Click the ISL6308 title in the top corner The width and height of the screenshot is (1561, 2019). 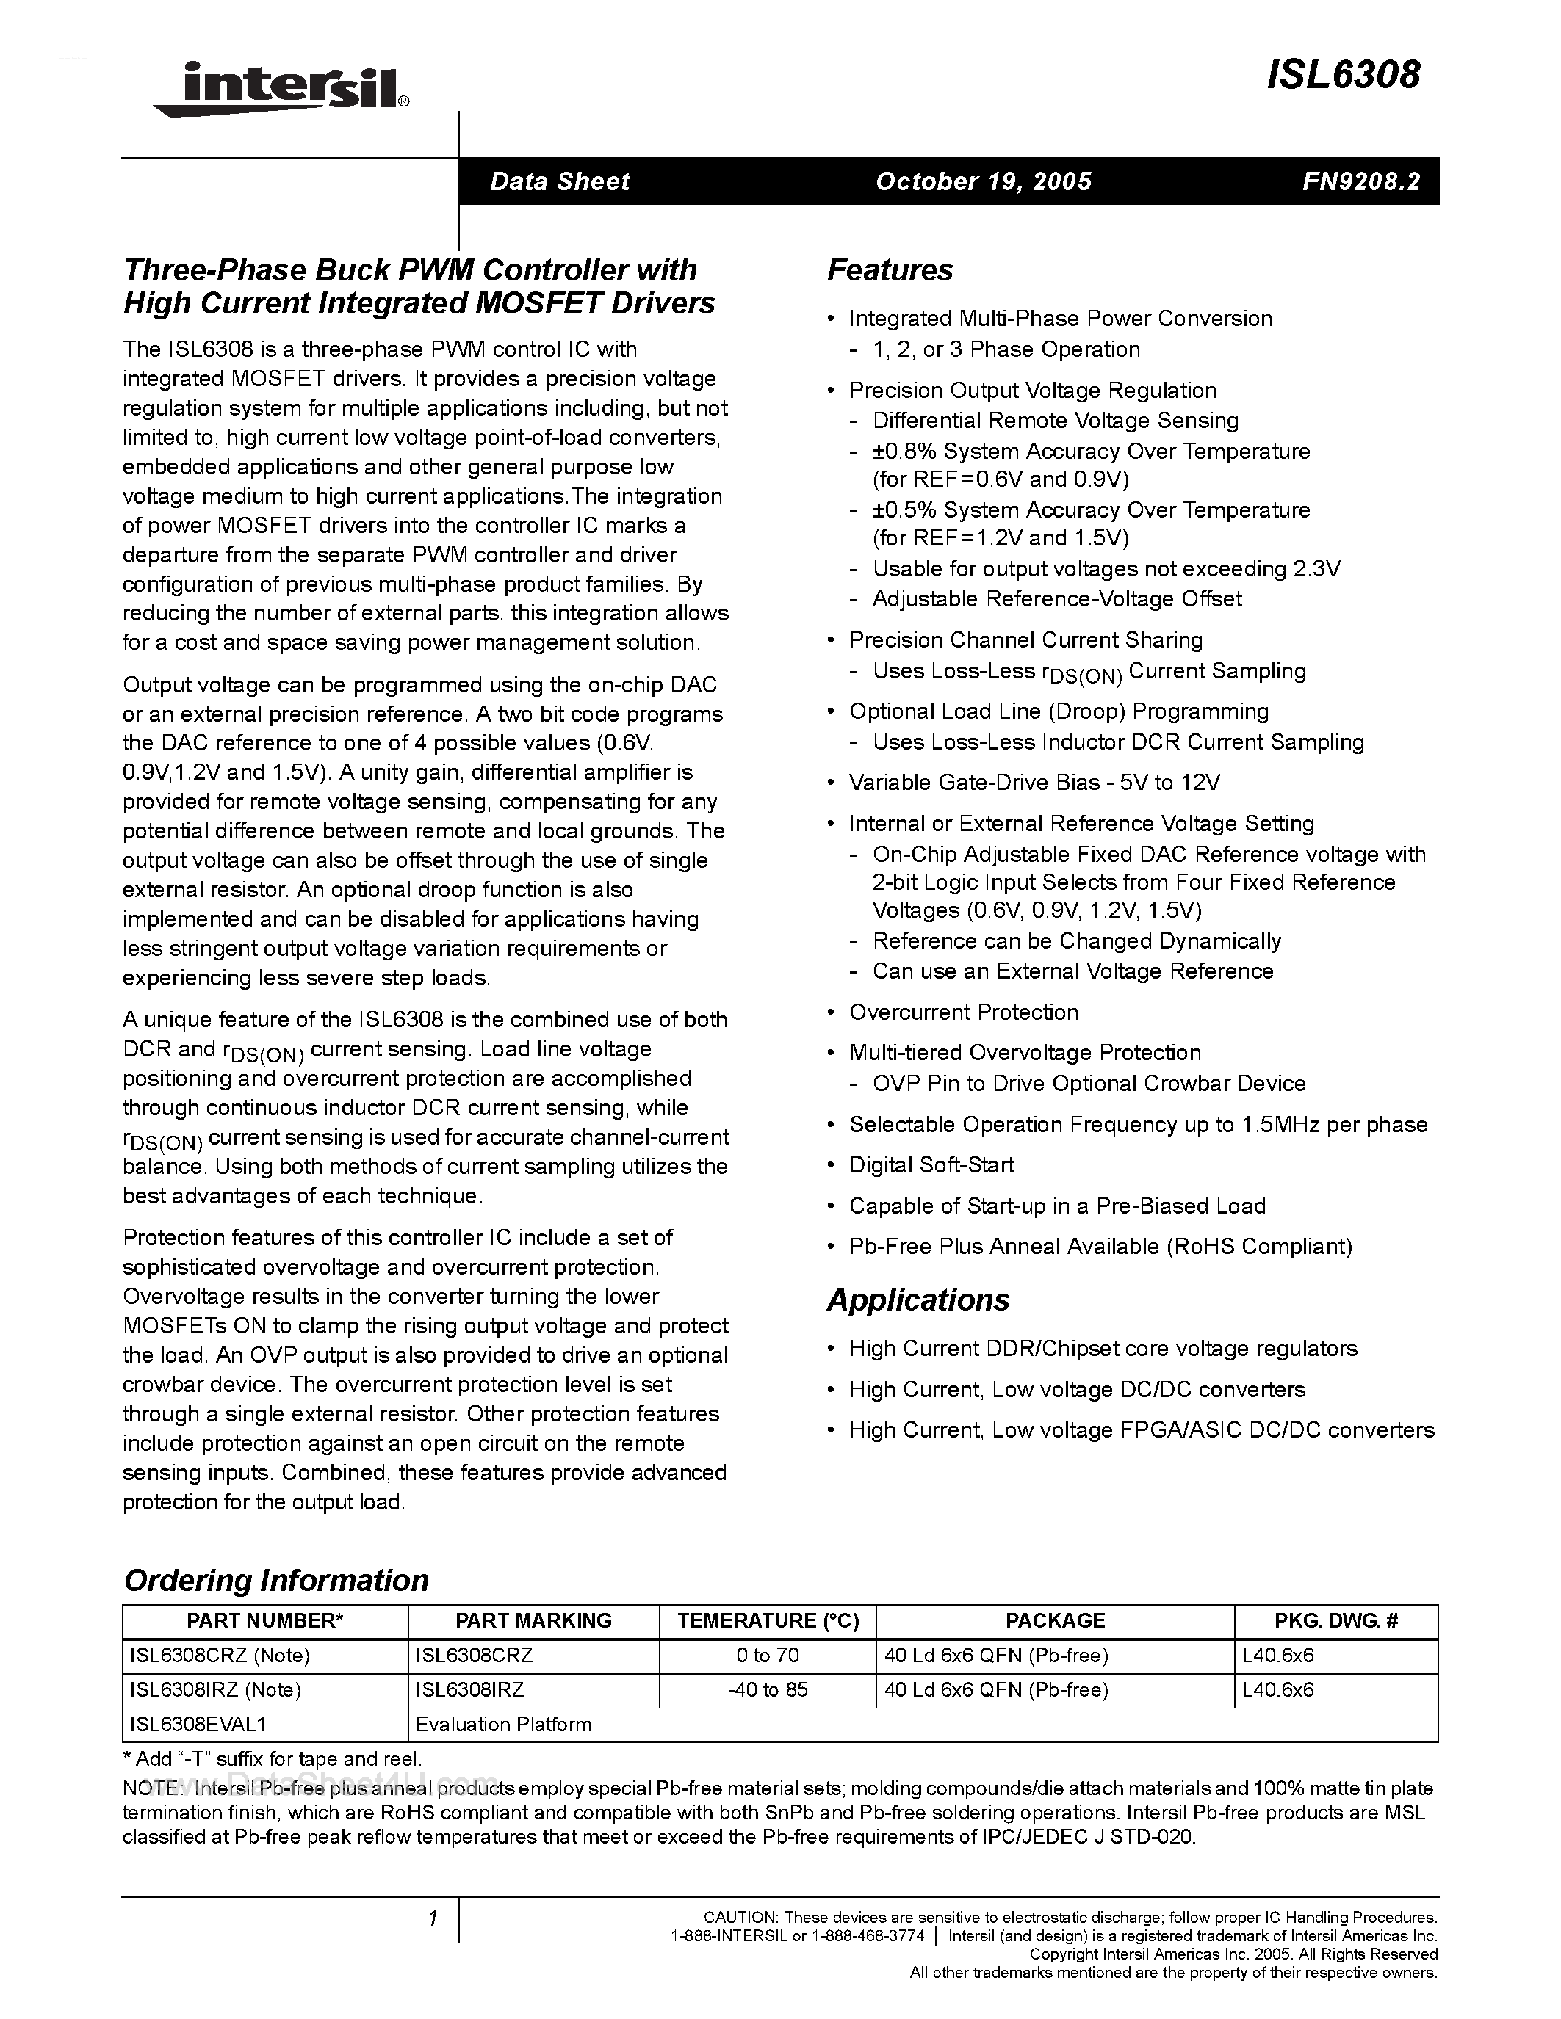tap(1343, 76)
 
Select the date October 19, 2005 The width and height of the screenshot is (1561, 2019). tap(983, 181)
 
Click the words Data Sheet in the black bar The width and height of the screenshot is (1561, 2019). tap(560, 181)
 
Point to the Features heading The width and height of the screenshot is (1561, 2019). tap(890, 270)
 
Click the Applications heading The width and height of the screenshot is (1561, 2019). tap(918, 1300)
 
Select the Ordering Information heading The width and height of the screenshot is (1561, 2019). tap(275, 1580)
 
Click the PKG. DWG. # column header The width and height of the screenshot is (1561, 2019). tap(1335, 1620)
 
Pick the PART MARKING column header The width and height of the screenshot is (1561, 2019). tap(533, 1620)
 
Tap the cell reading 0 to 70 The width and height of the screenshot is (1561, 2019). tap(767, 1655)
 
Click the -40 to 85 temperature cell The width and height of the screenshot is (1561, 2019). tap(767, 1690)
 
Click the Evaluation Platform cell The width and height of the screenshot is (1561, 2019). tap(503, 1724)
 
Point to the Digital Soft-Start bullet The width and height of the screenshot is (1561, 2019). tap(931, 1165)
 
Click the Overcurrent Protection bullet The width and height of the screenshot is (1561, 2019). tap(963, 1012)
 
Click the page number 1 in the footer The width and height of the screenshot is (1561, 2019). tap(432, 1919)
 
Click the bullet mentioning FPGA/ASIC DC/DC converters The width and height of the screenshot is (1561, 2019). tap(1141, 1430)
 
